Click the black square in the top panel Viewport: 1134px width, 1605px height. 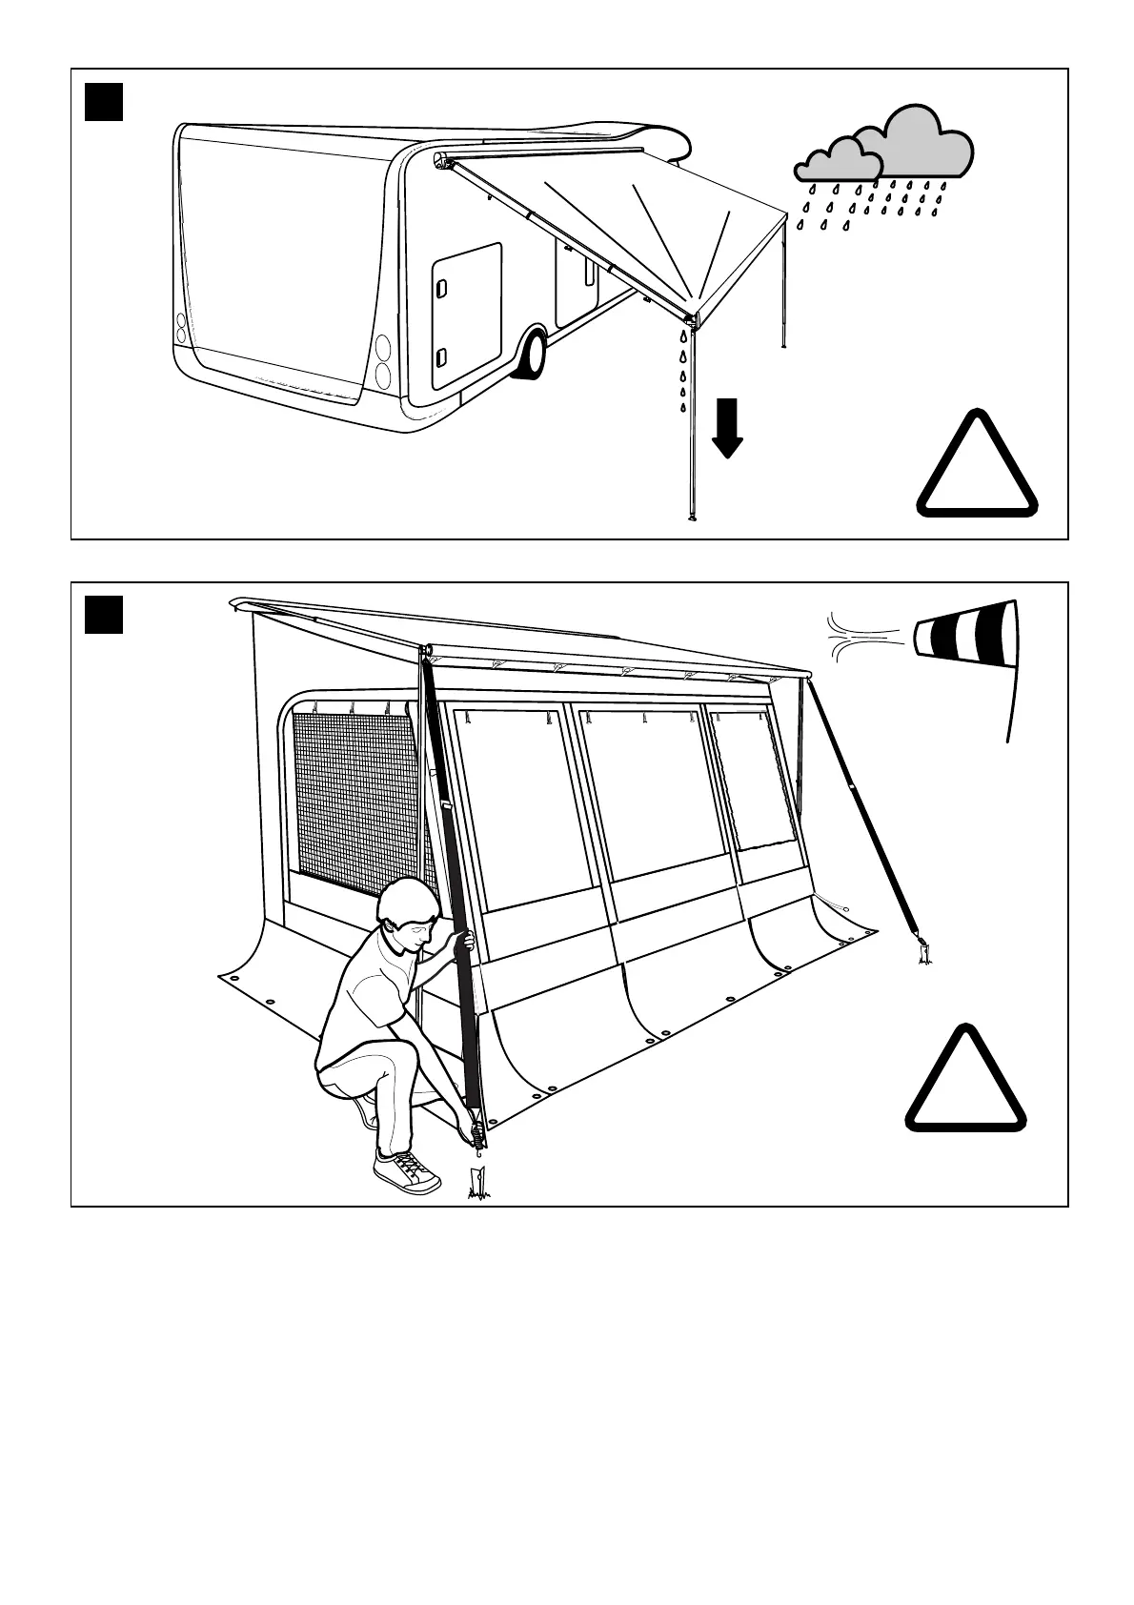[104, 102]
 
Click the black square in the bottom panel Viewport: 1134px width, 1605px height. [104, 614]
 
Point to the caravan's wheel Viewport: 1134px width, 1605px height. [531, 354]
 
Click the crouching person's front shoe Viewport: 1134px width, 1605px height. [407, 1171]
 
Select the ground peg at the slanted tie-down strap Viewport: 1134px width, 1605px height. [924, 953]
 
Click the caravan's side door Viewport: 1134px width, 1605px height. [466, 315]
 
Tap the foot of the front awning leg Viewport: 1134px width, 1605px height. [693, 519]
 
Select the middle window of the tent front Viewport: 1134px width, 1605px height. [644, 791]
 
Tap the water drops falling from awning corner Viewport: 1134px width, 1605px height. [683, 372]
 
